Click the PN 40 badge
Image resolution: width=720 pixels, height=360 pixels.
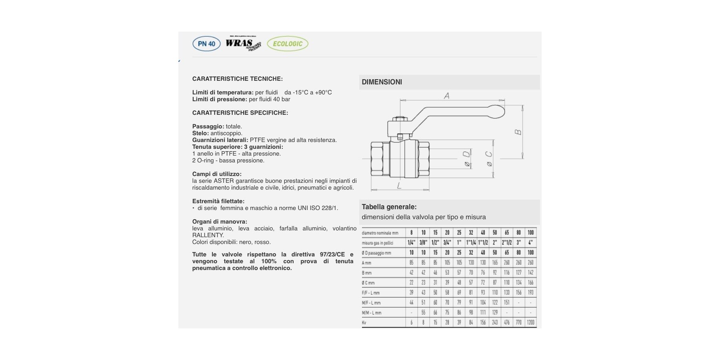click(206, 44)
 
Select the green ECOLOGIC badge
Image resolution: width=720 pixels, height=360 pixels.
click(288, 44)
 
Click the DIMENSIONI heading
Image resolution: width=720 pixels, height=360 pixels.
click(382, 82)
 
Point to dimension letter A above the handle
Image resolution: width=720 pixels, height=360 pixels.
click(447, 96)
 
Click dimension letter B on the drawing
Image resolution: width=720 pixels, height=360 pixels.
click(518, 132)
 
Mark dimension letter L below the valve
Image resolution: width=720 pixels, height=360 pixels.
click(399, 186)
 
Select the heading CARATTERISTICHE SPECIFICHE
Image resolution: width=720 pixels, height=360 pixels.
click(240, 113)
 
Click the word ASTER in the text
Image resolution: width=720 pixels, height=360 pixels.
click(224, 181)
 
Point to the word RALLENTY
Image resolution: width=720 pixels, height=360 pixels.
click(208, 235)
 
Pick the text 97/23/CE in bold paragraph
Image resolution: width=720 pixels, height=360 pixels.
click(332, 254)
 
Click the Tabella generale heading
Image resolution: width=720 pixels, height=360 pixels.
click(389, 207)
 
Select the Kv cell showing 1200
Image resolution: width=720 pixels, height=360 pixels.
click(530, 322)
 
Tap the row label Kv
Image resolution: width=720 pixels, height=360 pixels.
click(364, 323)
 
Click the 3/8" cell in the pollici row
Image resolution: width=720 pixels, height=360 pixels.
click(423, 243)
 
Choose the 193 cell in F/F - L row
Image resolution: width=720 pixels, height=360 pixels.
click(530, 292)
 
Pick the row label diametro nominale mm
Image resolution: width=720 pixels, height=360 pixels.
click(380, 233)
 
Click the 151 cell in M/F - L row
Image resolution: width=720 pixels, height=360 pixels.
click(507, 302)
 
